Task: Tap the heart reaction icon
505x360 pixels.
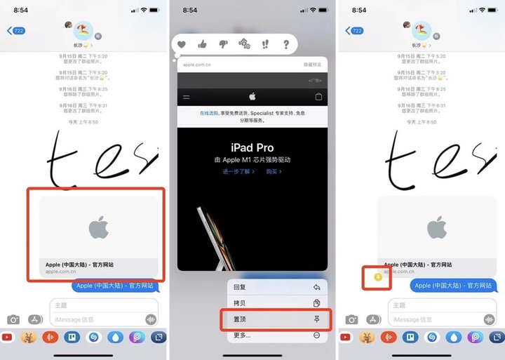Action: point(181,44)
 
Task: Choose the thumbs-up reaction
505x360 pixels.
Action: point(202,44)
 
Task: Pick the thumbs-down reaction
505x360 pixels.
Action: point(223,44)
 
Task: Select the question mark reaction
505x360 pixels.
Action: point(286,44)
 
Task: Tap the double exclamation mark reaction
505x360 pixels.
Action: point(265,44)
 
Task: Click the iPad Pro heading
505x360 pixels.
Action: point(252,147)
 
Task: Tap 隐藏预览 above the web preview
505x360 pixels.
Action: point(312,64)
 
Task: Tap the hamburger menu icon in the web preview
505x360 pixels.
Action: point(186,97)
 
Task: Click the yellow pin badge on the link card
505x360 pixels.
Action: point(378,277)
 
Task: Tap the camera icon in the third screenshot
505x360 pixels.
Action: point(349,319)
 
